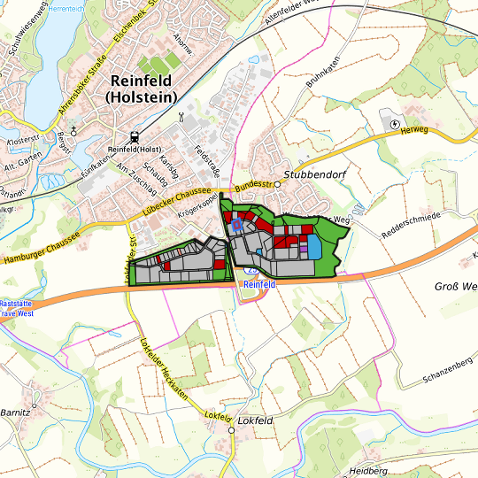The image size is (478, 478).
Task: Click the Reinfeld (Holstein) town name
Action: (140, 88)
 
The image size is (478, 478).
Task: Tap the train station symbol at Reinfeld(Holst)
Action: (134, 137)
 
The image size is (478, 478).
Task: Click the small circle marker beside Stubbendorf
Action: (277, 184)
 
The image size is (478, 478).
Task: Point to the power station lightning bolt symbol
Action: (395, 123)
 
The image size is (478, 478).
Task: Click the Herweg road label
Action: (414, 129)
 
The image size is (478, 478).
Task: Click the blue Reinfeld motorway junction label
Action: (259, 285)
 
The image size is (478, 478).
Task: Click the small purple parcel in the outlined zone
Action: (304, 250)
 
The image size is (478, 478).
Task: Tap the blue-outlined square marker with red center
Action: (237, 226)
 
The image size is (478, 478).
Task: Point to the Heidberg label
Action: (369, 469)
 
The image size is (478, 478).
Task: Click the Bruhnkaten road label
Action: (323, 94)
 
